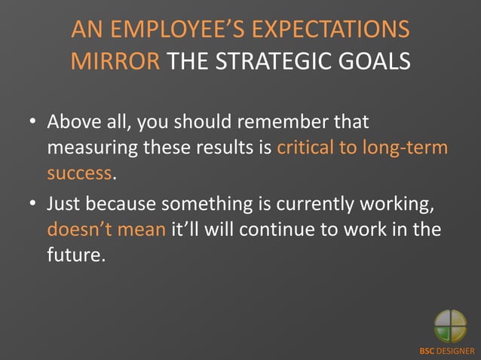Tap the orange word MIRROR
point(115,60)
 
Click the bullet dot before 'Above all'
point(33,122)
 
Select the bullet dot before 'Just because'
point(33,203)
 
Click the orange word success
point(79,173)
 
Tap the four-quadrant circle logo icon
point(450,326)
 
